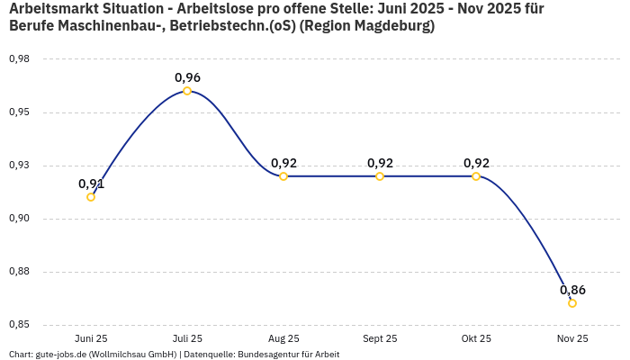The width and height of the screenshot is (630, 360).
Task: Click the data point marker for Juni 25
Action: tap(91, 197)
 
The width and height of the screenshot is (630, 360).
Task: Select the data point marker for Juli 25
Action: tap(187, 91)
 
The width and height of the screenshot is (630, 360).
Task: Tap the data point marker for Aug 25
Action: tap(283, 176)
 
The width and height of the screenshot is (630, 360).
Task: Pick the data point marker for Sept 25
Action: tap(380, 176)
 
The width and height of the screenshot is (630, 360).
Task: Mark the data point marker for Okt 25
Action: tap(476, 176)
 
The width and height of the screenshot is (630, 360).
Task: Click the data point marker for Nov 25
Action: tap(572, 303)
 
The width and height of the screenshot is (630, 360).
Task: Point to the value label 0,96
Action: tap(187, 77)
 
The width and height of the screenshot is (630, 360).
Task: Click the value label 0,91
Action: tap(91, 184)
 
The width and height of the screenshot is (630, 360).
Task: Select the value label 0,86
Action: tap(572, 290)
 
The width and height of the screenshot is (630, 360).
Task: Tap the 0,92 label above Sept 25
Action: tap(380, 163)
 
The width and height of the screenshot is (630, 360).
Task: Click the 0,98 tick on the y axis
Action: tap(19, 59)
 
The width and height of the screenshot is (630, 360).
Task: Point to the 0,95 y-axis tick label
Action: tap(19, 112)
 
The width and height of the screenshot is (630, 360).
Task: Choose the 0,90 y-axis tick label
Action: tap(19, 219)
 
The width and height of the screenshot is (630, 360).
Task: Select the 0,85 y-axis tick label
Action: tap(19, 325)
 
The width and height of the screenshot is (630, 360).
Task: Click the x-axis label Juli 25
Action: tap(187, 339)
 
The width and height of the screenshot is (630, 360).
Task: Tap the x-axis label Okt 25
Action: tap(476, 339)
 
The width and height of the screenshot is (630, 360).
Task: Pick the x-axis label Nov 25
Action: tap(572, 339)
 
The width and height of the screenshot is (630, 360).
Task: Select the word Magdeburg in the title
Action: tap(390, 26)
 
